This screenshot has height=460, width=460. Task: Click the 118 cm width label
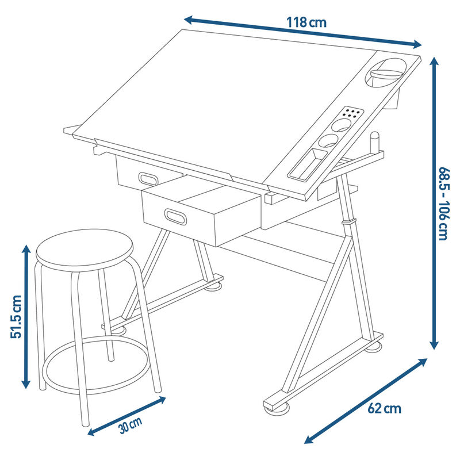click(306, 22)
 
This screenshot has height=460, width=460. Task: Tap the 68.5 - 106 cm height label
click(443, 204)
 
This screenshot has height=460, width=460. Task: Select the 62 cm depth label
click(384, 408)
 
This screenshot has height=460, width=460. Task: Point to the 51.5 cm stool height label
click(16, 317)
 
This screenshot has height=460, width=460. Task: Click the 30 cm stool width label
click(131, 425)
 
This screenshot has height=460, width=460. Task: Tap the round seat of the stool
click(85, 250)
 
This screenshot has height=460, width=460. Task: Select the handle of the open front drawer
click(175, 217)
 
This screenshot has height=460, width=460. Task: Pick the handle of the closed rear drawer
click(148, 178)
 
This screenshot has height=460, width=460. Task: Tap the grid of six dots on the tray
click(352, 112)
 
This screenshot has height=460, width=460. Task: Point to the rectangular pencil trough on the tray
click(308, 164)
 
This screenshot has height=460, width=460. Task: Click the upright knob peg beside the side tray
click(375, 143)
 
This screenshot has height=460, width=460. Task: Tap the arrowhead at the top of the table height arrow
click(434, 61)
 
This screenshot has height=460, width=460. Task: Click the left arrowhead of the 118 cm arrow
click(189, 20)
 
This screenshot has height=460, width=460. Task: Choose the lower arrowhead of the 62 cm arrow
click(308, 440)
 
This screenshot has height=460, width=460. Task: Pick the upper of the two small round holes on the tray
click(342, 125)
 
